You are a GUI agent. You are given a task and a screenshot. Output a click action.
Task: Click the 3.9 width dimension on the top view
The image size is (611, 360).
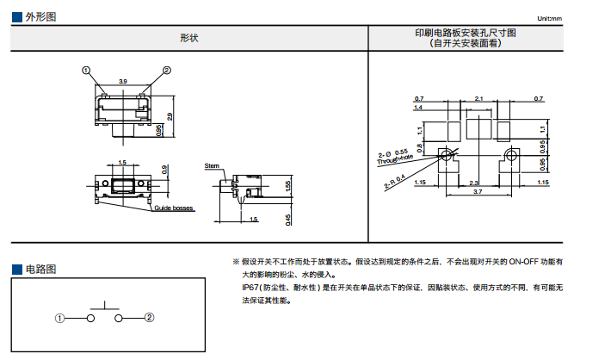123,81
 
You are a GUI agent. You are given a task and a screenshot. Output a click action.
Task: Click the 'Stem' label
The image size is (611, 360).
212,165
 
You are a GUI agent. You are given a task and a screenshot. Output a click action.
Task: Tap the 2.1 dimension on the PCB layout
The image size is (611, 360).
479,99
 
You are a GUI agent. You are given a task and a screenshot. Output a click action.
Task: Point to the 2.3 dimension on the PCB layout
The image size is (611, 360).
474,183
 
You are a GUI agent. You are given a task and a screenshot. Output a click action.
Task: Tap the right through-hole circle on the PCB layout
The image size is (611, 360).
512,155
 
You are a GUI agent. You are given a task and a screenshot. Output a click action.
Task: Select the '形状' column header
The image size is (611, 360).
188,38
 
